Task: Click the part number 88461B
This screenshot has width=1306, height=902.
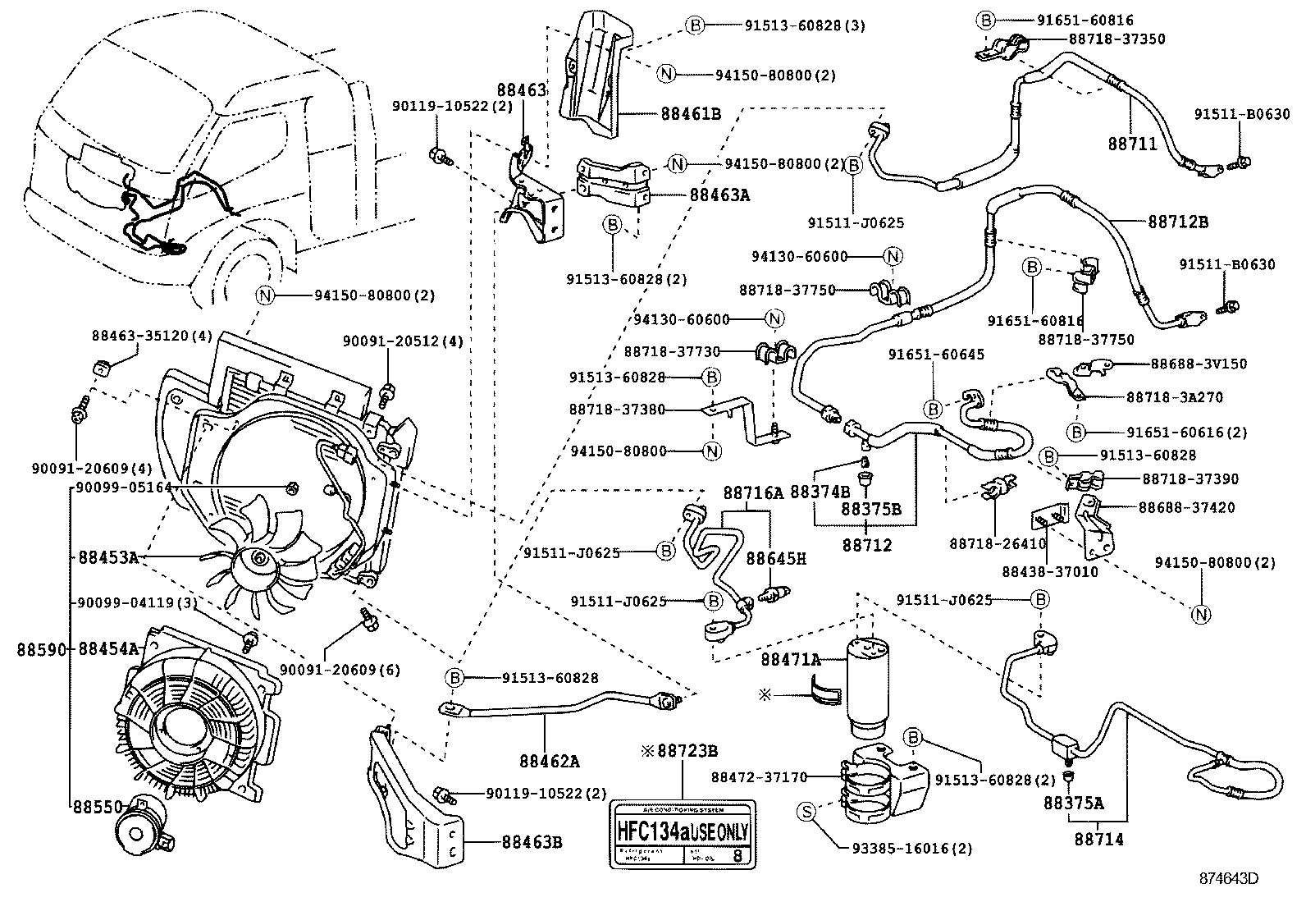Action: pos(691,114)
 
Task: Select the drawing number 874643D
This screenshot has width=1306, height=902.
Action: pos(1229,878)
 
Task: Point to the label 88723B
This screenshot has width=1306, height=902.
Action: pos(686,750)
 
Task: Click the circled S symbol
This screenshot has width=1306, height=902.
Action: pos(806,812)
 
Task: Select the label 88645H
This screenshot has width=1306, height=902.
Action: pos(775,558)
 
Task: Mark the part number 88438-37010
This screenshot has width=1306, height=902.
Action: pos(1049,572)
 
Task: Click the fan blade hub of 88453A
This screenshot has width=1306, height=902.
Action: pos(260,561)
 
